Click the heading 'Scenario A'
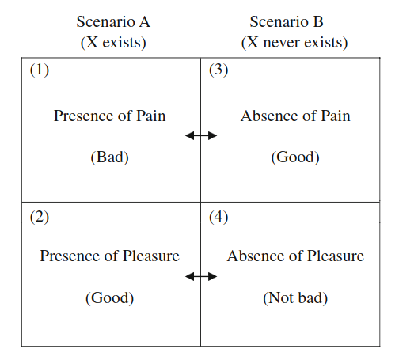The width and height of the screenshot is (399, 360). tap(113, 21)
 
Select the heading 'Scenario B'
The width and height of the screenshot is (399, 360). tap(287, 21)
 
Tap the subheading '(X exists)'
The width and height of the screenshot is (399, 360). tap(113, 43)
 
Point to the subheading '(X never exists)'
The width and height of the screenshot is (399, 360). tap(294, 43)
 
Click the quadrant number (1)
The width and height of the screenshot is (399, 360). tap(40, 70)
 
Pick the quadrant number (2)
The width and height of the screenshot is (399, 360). tap(40, 218)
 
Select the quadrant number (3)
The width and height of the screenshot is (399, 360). tap(218, 70)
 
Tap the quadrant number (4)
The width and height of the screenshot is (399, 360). tap(218, 218)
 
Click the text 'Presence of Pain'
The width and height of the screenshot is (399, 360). tap(110, 116)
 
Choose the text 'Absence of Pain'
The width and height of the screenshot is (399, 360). tap(295, 116)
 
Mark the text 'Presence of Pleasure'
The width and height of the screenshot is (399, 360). tap(110, 256)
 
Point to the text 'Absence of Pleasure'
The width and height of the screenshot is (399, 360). tap(295, 256)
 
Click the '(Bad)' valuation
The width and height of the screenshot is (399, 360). tap(110, 157)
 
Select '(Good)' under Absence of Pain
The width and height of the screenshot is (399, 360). tap(295, 157)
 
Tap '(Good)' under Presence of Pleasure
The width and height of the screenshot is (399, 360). tap(110, 298)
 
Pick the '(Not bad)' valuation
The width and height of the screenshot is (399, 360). tap(295, 298)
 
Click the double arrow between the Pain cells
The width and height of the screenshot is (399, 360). tap(201, 136)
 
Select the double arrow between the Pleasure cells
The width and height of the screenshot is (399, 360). tap(201, 277)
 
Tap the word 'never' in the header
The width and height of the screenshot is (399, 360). tap(282, 43)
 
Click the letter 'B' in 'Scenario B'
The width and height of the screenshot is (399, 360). tap(318, 22)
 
